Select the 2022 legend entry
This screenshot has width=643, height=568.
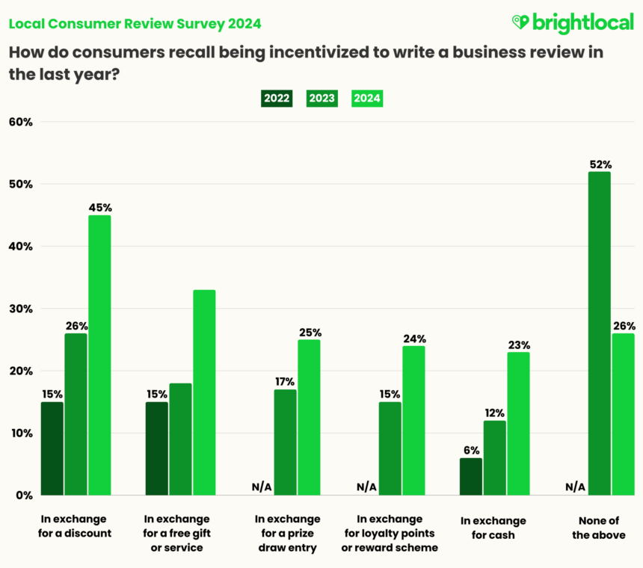(277, 98)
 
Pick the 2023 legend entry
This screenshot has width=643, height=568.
(321, 98)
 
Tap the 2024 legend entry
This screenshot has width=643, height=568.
(367, 98)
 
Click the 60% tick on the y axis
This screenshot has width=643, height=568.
(20, 122)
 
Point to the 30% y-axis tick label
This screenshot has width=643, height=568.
(20, 309)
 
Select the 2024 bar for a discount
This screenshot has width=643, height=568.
(99, 355)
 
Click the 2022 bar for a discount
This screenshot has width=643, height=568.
(52, 448)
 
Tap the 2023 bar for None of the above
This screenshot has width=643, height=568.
(598, 333)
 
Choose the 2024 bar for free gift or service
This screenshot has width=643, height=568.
(204, 392)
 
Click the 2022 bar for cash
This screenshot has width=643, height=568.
(471, 476)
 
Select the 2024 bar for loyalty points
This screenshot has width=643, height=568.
(413, 420)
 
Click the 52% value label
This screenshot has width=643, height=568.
(600, 164)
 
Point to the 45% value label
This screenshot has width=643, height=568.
(99, 208)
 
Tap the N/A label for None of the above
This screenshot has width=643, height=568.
(575, 487)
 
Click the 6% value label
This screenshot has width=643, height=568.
(471, 451)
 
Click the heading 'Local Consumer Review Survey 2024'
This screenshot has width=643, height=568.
(135, 23)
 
